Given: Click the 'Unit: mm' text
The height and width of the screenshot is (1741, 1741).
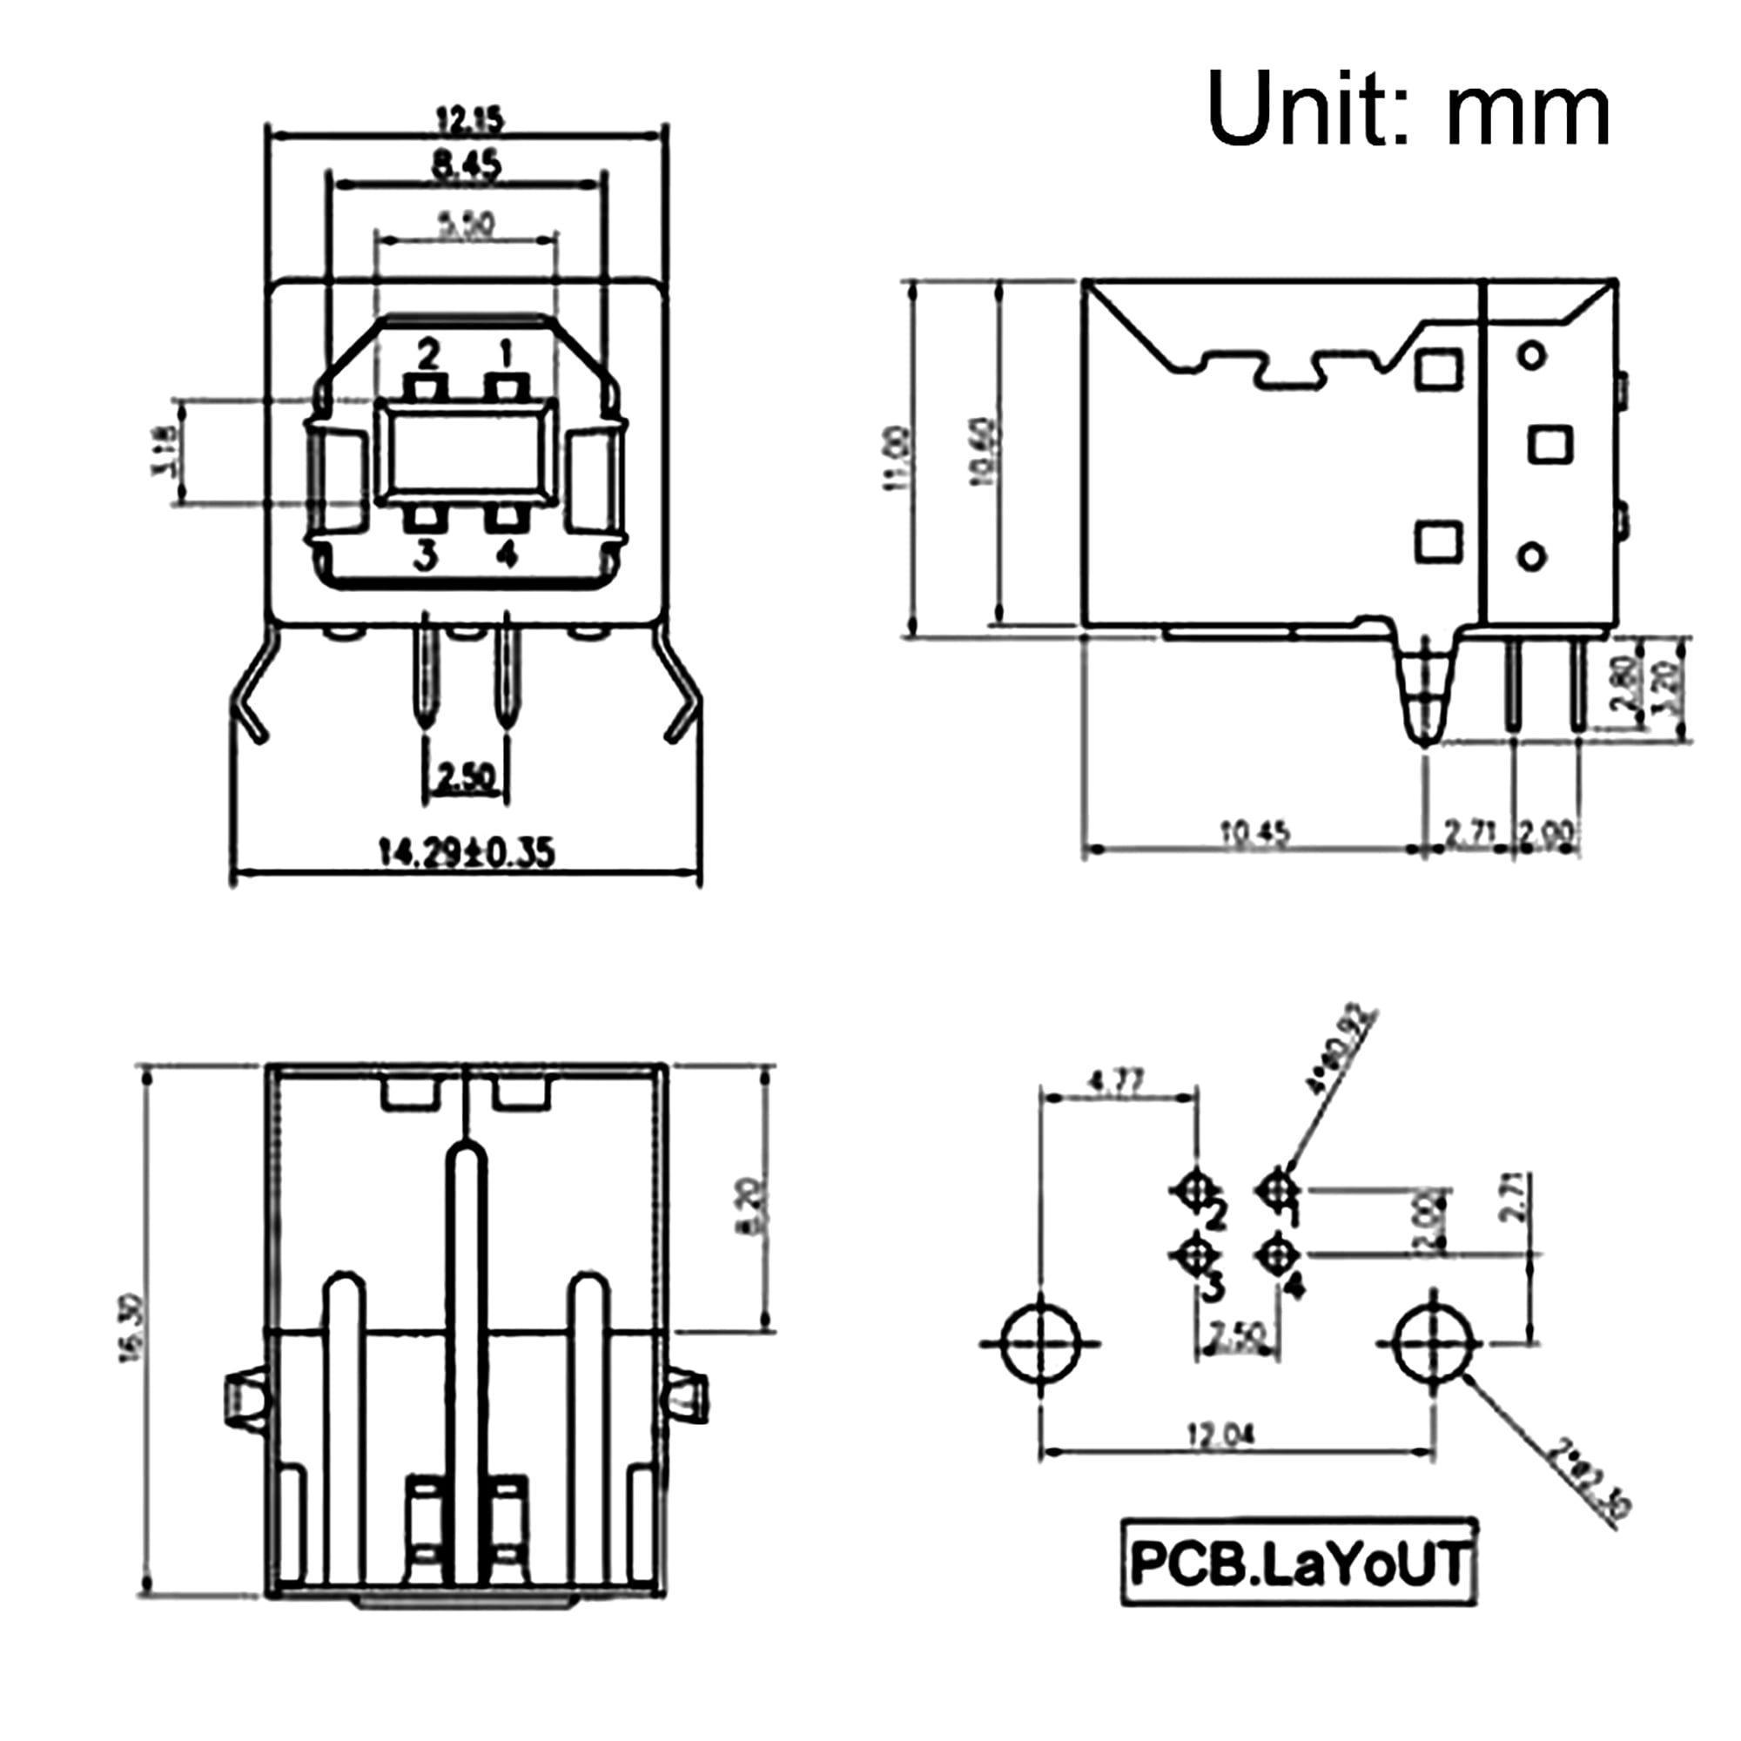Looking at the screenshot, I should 1408,109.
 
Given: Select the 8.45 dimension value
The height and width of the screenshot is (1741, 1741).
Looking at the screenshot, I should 466,165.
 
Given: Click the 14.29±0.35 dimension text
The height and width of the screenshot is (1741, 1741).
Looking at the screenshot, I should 465,851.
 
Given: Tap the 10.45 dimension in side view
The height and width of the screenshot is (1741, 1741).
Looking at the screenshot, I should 1254,834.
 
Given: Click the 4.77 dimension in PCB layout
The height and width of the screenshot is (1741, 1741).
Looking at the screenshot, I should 1118,1080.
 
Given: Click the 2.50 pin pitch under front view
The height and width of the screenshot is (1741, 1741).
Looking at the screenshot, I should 465,776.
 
